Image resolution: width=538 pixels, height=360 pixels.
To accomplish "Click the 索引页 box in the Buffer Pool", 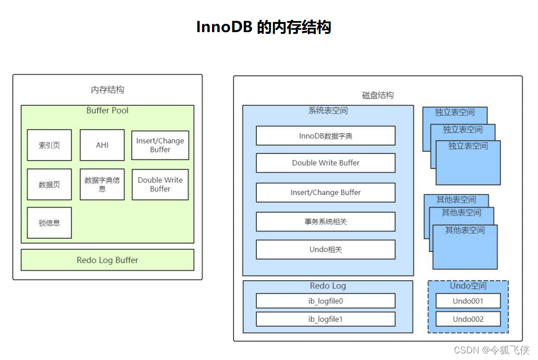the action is click(49, 145).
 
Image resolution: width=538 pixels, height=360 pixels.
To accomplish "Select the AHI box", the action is click(102, 145).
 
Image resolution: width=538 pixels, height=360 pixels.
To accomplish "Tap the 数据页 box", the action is click(49, 184).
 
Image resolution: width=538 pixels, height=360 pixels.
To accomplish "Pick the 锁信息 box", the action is click(49, 223).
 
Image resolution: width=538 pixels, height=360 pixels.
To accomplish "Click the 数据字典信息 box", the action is click(102, 184).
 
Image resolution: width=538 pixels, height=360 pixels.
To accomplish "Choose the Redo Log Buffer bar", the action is click(107, 260).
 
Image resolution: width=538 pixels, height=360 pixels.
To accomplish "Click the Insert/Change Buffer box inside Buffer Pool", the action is click(160, 145).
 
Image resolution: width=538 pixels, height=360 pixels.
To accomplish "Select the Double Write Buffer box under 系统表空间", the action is click(325, 163).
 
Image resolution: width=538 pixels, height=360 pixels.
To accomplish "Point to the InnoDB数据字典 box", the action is click(325, 136).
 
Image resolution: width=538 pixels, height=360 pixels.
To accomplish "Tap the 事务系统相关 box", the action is click(325, 222).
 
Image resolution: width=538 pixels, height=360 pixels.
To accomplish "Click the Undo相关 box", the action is click(325, 249).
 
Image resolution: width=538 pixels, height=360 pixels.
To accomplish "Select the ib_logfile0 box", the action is click(325, 301).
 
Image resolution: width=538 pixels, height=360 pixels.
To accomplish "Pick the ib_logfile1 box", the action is click(325, 319).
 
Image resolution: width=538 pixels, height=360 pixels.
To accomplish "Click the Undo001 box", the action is click(468, 301).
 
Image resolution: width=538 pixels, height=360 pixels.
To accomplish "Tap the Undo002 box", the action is click(468, 319).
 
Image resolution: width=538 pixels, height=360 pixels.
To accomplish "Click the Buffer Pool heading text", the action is click(107, 111).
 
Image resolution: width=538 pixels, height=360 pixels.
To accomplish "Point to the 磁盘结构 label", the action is click(378, 95).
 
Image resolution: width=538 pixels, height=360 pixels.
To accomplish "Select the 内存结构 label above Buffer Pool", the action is click(107, 90).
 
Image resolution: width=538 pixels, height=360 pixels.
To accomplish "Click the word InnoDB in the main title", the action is click(224, 27).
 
